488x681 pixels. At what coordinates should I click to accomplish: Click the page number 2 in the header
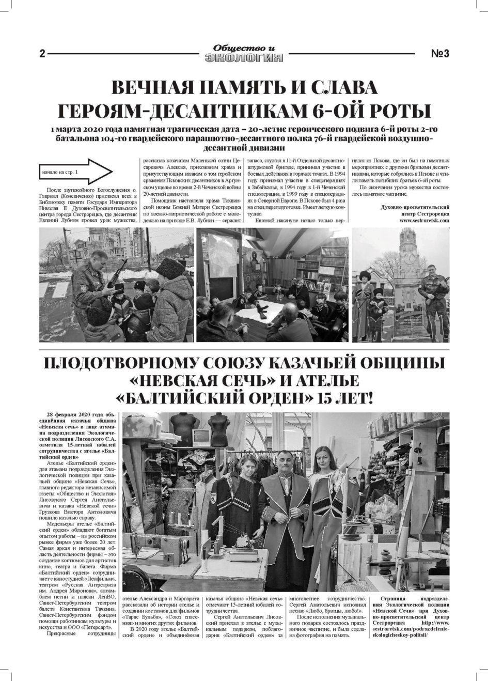(x=42, y=54)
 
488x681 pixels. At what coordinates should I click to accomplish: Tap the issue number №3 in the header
(x=439, y=54)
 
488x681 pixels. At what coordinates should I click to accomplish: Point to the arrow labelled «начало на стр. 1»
(x=75, y=171)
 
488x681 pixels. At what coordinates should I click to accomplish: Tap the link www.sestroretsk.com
(x=424, y=221)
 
